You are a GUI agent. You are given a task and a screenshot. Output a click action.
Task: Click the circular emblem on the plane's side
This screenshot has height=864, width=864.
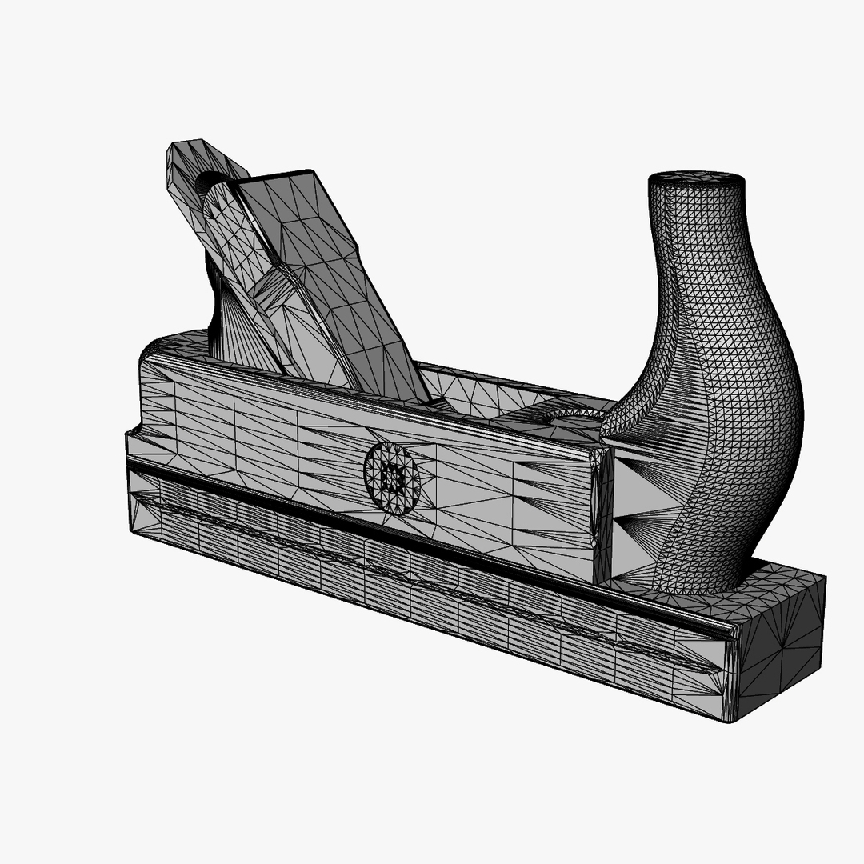point(392,478)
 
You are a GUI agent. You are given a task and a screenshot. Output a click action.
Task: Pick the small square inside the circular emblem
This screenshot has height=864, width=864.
point(392,478)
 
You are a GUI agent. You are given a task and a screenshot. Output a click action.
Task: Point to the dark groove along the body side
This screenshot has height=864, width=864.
point(400,532)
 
